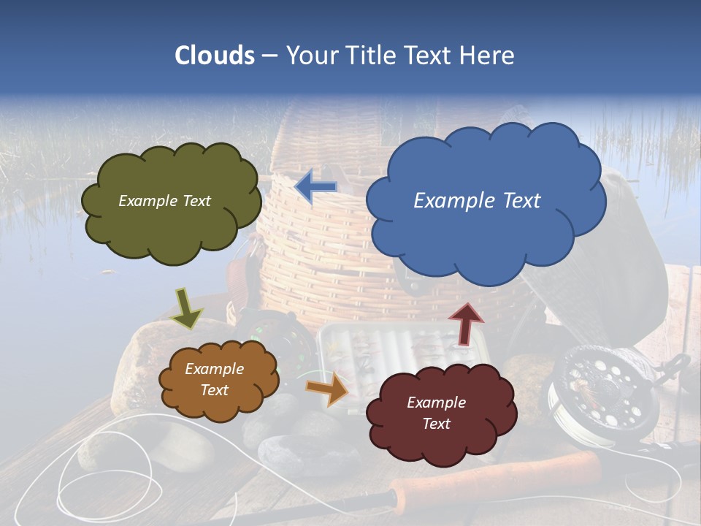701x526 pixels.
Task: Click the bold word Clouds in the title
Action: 214,56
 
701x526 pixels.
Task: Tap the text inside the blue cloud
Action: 477,201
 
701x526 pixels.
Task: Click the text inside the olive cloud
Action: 164,201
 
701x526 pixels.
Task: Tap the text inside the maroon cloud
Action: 436,413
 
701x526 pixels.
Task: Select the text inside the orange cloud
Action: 214,379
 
